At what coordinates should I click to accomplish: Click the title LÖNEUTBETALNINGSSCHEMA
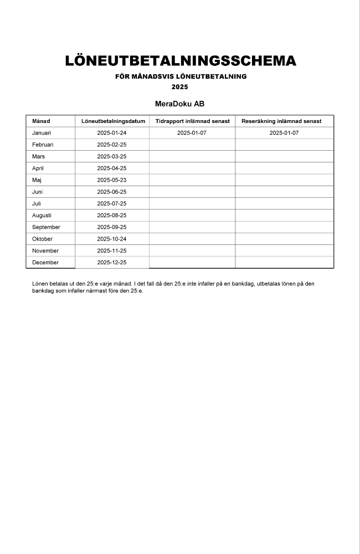point(181,61)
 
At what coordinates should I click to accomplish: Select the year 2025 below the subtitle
point(180,87)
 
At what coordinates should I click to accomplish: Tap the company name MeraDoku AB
point(180,104)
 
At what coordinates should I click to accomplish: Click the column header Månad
point(41,121)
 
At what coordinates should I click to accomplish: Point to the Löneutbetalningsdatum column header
point(113,121)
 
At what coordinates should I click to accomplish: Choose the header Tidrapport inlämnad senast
point(192,121)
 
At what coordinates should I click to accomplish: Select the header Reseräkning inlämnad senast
point(284,121)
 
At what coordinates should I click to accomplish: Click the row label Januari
point(42,133)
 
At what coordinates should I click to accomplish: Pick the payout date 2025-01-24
point(112,133)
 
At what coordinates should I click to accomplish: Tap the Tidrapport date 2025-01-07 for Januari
point(192,133)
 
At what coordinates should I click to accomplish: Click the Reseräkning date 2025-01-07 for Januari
point(284,133)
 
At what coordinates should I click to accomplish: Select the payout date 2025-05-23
point(112,180)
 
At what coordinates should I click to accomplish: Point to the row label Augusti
point(42,215)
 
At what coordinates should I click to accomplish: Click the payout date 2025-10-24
point(112,239)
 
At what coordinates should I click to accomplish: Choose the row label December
point(45,263)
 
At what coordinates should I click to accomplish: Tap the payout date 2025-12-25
point(112,263)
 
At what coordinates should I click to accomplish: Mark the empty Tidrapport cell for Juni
point(192,192)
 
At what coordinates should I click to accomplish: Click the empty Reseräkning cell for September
point(284,227)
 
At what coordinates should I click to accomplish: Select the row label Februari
point(43,145)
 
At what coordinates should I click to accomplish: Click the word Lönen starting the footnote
point(40,284)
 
